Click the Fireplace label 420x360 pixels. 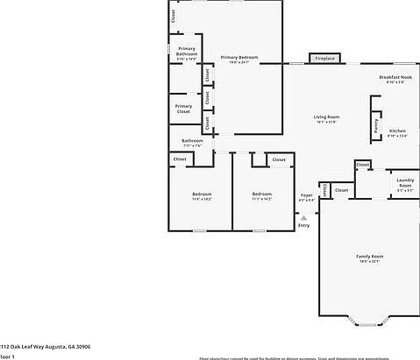(324, 59)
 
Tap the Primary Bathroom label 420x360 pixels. (186, 51)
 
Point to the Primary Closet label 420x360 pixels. (183, 109)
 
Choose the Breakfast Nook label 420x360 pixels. (395, 77)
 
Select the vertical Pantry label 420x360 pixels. (375, 128)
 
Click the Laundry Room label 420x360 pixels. (404, 182)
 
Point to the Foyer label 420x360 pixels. (306, 194)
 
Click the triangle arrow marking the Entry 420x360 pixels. (303, 218)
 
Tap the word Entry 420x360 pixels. (303, 226)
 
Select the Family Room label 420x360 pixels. (369, 256)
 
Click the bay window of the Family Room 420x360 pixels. (369, 321)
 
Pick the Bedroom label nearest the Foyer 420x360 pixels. (262, 194)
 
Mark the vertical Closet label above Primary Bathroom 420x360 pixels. (174, 16)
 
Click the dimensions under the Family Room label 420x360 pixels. (369, 262)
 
